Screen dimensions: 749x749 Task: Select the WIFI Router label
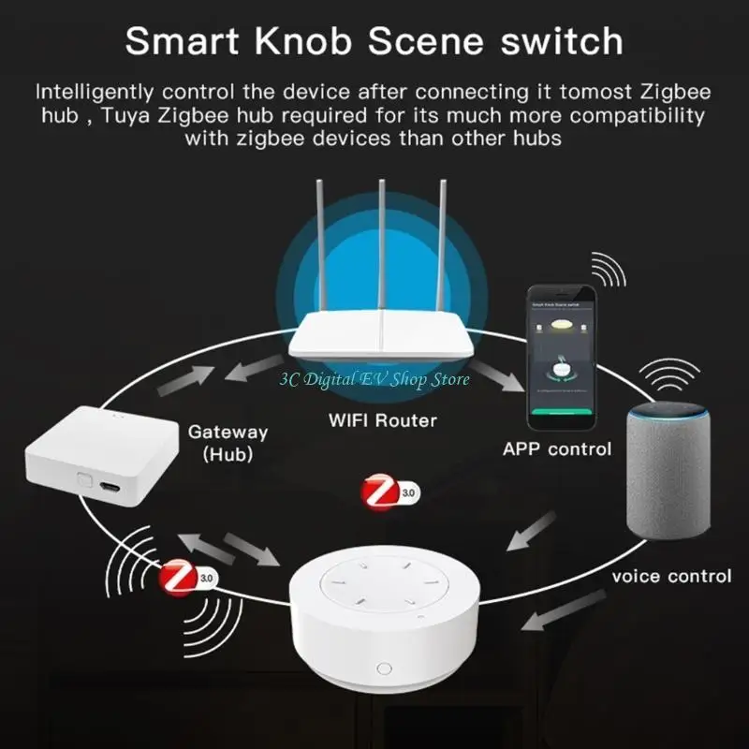tap(382, 419)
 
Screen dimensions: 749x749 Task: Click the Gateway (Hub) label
tap(228, 443)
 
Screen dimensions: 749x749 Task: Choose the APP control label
tap(556, 449)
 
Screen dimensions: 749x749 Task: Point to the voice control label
tap(671, 575)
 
